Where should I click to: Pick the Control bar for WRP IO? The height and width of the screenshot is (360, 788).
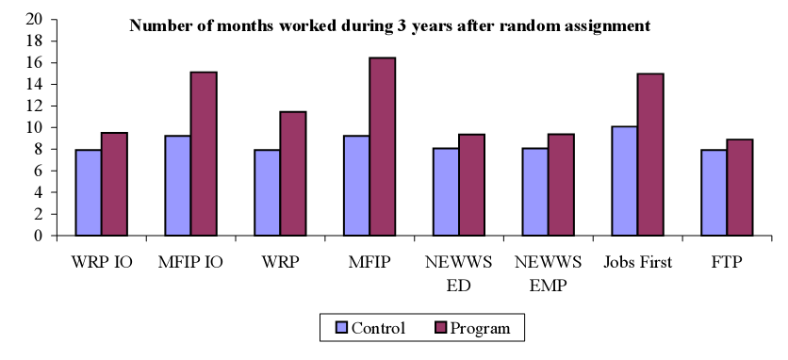(x=89, y=192)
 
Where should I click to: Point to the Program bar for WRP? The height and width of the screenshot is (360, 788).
(x=293, y=173)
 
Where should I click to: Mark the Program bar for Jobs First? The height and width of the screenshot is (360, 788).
(x=651, y=155)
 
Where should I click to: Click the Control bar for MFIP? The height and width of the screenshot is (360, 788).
(x=356, y=186)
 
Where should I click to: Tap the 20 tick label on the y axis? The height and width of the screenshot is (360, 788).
(x=35, y=19)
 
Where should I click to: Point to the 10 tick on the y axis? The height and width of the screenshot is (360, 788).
(x=35, y=127)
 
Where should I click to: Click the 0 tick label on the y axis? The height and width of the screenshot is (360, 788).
(x=39, y=236)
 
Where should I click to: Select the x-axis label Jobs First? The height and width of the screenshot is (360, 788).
(x=638, y=262)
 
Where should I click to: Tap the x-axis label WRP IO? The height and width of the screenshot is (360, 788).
(x=102, y=262)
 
